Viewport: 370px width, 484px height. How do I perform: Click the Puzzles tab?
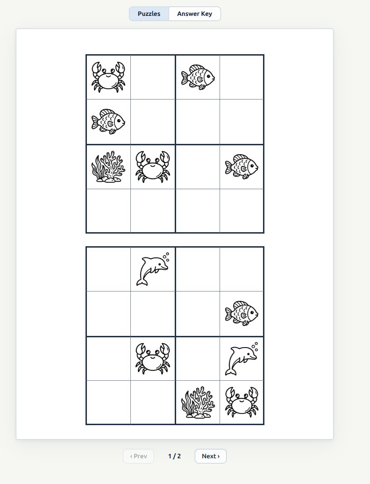pyautogui.click(x=149, y=14)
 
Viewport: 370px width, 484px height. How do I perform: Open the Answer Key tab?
pyautogui.click(x=194, y=14)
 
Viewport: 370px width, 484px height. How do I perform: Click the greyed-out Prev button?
pyautogui.click(x=138, y=456)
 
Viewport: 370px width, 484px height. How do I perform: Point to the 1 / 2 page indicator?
pyautogui.click(x=174, y=456)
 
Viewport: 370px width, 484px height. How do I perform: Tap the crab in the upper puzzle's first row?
pyautogui.click(x=108, y=77)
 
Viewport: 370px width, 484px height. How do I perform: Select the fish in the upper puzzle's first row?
pyautogui.click(x=198, y=77)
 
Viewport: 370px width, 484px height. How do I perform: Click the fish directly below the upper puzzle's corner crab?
pyautogui.click(x=108, y=122)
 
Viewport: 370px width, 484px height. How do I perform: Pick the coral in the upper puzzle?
pyautogui.click(x=108, y=167)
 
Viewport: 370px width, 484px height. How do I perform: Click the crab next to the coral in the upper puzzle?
pyautogui.click(x=153, y=167)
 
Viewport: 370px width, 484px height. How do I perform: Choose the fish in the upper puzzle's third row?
pyautogui.click(x=242, y=167)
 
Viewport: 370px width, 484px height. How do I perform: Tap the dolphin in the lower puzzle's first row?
pyautogui.click(x=153, y=270)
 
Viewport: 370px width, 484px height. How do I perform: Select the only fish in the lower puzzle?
pyautogui.click(x=242, y=313)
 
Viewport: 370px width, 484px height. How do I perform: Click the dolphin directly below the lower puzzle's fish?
pyautogui.click(x=242, y=359)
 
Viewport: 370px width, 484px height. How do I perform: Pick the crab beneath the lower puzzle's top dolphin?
pyautogui.click(x=153, y=359)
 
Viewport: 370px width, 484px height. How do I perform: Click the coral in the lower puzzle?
pyautogui.click(x=198, y=402)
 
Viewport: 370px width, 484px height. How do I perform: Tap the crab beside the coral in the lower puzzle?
pyautogui.click(x=242, y=402)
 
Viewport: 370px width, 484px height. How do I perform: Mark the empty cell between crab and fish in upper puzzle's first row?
pyautogui.click(x=153, y=77)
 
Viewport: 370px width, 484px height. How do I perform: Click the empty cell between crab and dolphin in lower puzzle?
pyautogui.click(x=198, y=359)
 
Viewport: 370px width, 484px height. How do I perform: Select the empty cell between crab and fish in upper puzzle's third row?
pyautogui.click(x=198, y=167)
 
